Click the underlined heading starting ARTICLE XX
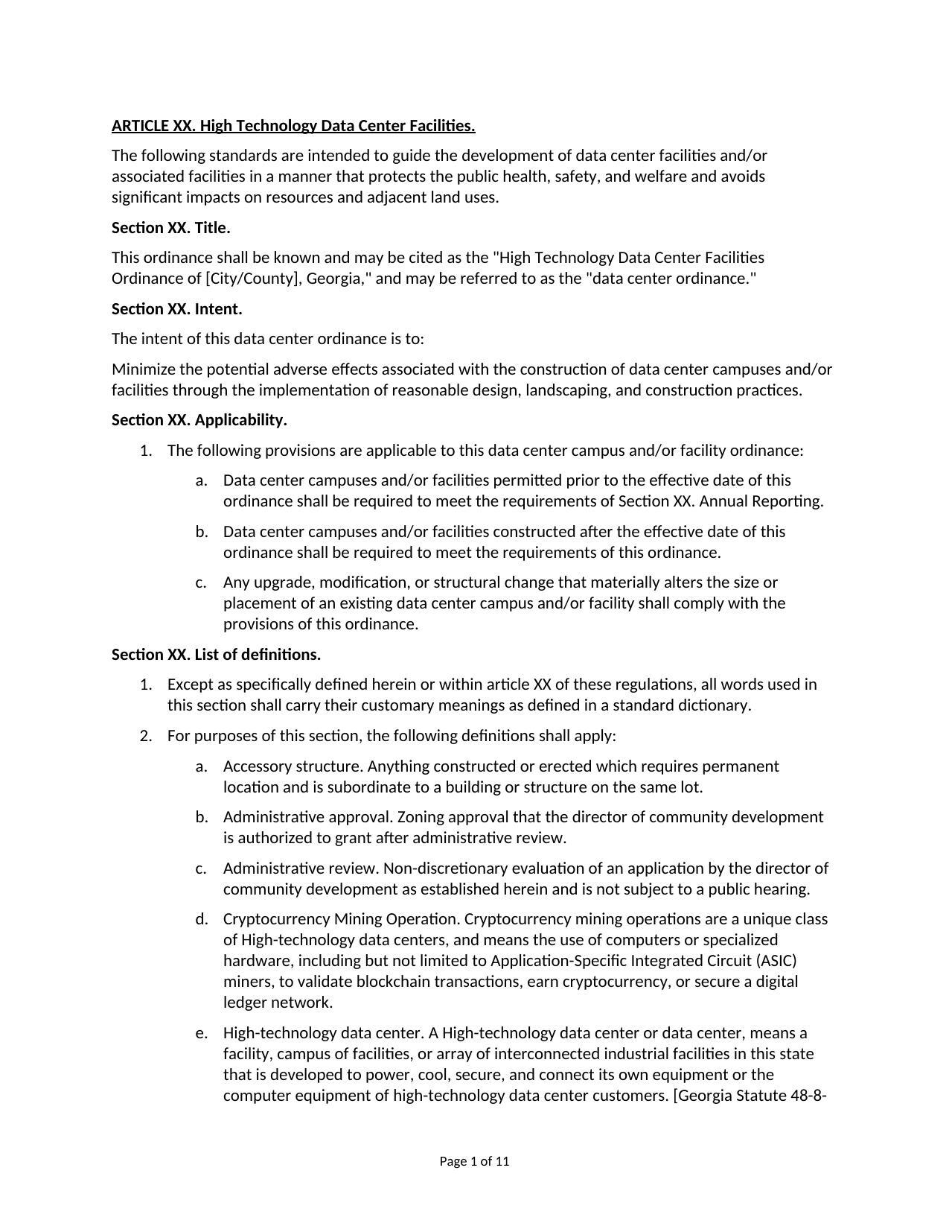[x=293, y=126]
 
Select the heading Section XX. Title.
[x=171, y=228]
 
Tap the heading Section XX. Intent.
[x=177, y=309]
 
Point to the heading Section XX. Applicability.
[x=199, y=420]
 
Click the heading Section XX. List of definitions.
[x=217, y=655]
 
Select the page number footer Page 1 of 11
[x=474, y=1161]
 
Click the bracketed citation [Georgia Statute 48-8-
[x=749, y=1096]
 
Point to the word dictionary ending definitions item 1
[x=714, y=705]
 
